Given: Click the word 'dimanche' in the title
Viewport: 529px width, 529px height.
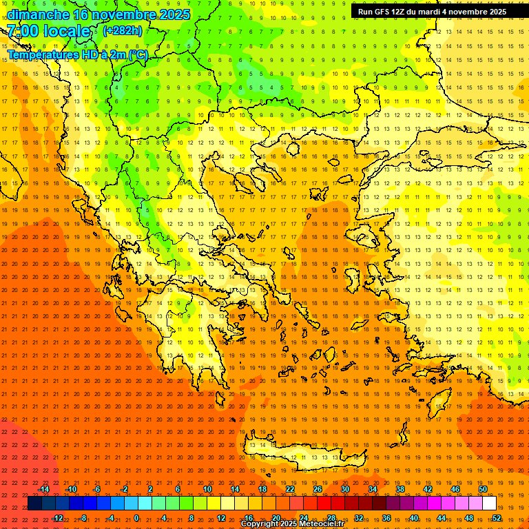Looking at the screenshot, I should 39,14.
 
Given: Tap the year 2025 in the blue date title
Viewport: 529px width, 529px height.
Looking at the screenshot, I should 171,14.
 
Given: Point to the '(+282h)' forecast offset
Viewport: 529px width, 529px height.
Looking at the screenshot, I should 123,31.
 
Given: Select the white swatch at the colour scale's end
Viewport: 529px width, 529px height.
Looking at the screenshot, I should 490,504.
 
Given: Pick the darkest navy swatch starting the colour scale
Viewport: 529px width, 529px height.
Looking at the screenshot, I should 34,504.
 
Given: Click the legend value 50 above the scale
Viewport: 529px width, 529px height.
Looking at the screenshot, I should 483,489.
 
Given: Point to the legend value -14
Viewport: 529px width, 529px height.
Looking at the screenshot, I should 43,489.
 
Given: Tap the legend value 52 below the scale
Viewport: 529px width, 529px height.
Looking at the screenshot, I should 497,518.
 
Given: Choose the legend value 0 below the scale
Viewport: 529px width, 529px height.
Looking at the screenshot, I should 136,518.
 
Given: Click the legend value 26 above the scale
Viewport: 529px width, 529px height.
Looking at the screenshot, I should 318,489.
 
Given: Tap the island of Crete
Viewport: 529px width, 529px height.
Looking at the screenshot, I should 303,455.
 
